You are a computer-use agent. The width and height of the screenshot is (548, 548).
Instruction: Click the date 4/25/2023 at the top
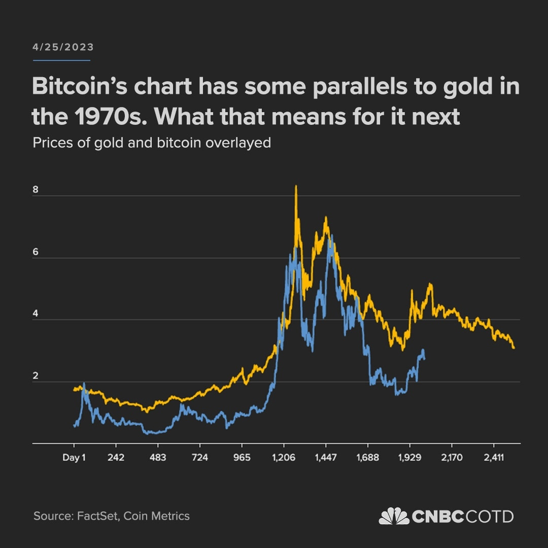tap(63, 47)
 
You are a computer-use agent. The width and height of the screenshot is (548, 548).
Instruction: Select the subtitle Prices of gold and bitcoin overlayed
tap(152, 143)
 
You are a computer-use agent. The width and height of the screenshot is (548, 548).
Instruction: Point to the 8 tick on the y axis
tap(36, 190)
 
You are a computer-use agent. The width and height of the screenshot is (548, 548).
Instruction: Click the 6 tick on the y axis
tap(36, 252)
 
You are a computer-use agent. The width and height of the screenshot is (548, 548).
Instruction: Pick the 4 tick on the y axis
tap(36, 314)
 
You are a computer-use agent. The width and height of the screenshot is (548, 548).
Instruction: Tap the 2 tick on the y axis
tap(36, 376)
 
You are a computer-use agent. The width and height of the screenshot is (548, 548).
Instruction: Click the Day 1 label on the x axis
tap(74, 458)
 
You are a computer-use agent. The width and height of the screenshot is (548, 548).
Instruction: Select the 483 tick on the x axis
tap(158, 458)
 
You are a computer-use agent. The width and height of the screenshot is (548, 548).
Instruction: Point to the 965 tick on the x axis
tap(242, 458)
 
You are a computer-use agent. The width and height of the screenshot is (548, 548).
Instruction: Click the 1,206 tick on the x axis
tap(284, 458)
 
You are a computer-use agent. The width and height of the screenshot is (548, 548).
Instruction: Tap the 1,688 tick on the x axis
tap(367, 458)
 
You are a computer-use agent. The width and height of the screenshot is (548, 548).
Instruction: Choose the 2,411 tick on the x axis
tap(493, 458)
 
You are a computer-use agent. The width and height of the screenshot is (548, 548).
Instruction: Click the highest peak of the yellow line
tap(296, 187)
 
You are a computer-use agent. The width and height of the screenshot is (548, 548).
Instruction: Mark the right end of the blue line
tap(424, 358)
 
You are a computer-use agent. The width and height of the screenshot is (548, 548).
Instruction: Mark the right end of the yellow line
tap(514, 348)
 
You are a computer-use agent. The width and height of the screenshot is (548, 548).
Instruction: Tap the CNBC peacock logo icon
tap(394, 516)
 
